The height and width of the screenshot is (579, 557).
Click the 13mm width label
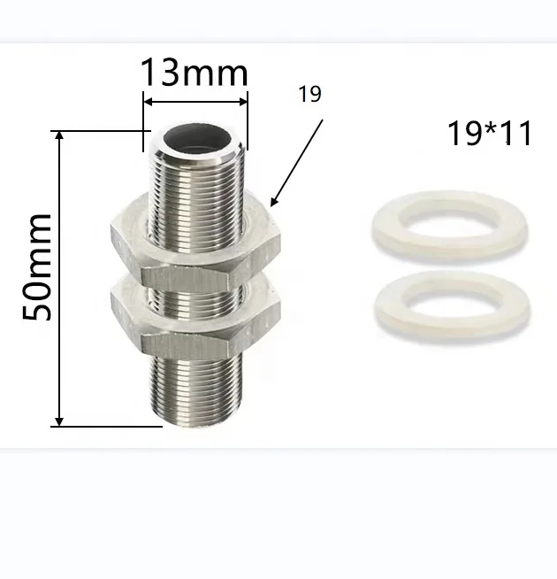click(x=195, y=73)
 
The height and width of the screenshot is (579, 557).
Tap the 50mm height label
click(x=37, y=267)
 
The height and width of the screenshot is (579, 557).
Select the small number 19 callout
click(x=309, y=94)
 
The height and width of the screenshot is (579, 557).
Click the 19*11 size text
click(x=490, y=133)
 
